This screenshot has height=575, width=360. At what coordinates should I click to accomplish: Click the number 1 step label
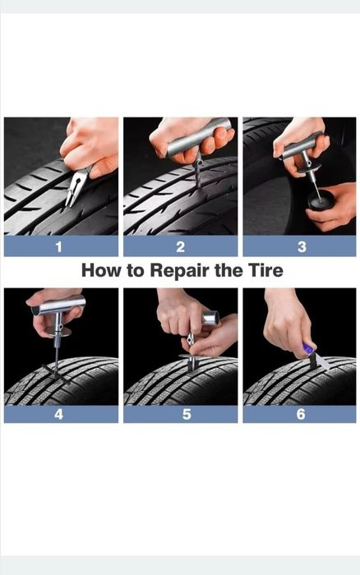coord(58,246)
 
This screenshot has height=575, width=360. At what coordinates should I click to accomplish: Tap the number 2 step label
coord(180,246)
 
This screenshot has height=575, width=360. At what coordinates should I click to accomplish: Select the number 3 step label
coord(302,246)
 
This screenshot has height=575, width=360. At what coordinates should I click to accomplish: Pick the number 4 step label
coord(58,414)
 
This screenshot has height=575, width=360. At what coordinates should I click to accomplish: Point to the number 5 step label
coord(187,414)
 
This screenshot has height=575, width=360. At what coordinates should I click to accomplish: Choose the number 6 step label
coord(301,414)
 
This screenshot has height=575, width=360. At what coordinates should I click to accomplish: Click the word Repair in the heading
coord(180,271)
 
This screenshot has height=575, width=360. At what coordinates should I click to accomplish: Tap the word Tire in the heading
coord(265,270)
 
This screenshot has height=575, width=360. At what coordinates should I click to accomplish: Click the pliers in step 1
coord(78,185)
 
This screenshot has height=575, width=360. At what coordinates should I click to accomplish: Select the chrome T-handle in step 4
coord(58,306)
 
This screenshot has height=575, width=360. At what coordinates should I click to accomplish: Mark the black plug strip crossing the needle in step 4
coord(56,374)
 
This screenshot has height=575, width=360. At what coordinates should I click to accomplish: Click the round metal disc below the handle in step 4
coord(58,332)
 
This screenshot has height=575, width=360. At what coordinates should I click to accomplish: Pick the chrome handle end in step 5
coord(210,317)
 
